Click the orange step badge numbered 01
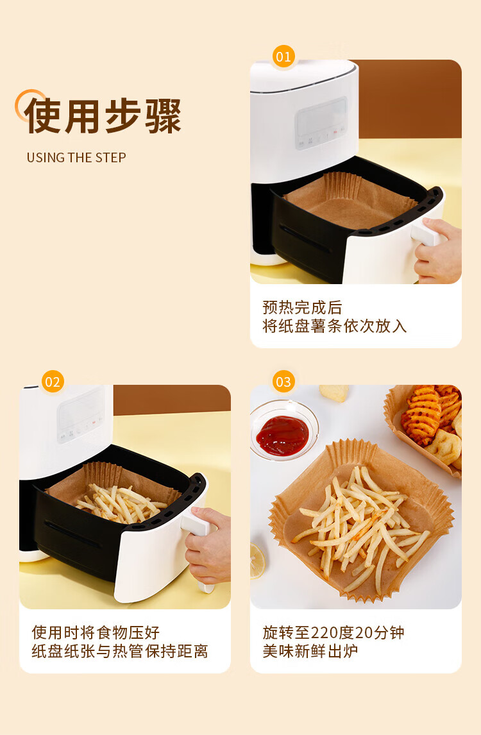283,56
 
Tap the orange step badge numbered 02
53,382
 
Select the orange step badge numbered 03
283,382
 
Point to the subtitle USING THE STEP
76,158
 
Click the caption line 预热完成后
302,307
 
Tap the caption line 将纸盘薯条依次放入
334,326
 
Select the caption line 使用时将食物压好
96,632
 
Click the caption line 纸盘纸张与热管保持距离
119,651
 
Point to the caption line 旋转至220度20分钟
333,632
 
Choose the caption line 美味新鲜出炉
310,651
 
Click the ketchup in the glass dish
282,435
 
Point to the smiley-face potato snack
444,448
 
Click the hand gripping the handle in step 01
438,251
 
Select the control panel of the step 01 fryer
322,122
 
